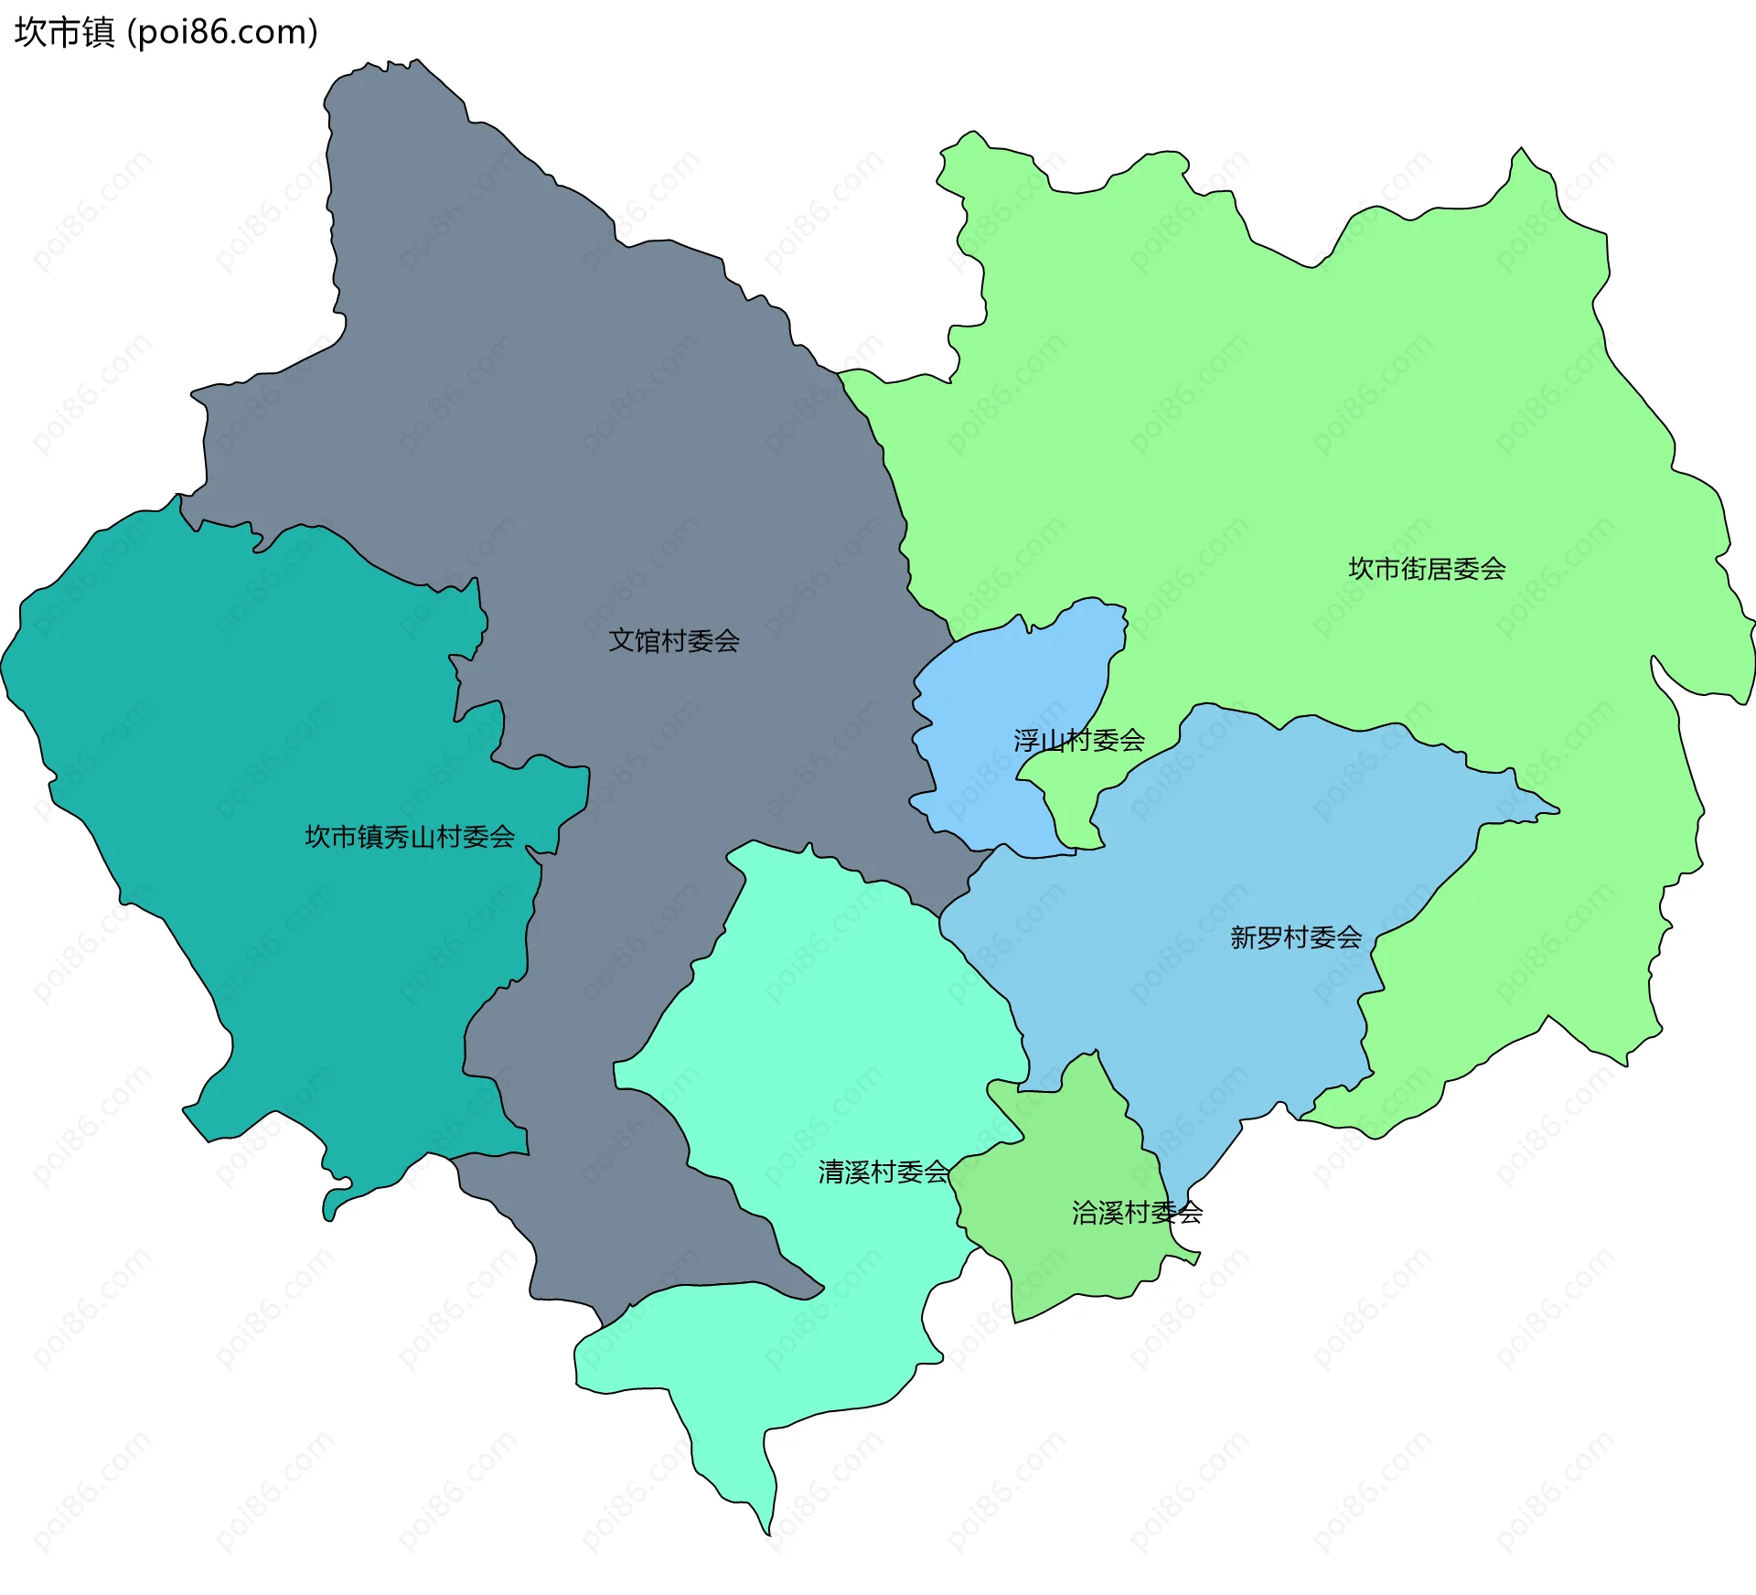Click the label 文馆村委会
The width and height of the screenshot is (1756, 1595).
(x=674, y=641)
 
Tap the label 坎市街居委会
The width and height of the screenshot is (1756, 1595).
(x=1427, y=569)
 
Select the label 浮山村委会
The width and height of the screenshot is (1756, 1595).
(x=1079, y=740)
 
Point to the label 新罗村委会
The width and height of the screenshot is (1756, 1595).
(x=1296, y=937)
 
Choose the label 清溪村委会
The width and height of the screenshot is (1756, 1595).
(x=883, y=1172)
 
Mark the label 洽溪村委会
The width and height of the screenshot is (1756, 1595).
(x=1137, y=1213)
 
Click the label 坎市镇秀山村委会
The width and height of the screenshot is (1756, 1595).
(x=410, y=837)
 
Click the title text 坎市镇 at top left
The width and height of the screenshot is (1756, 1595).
(x=64, y=32)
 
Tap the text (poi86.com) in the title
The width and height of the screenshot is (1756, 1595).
(x=223, y=32)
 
